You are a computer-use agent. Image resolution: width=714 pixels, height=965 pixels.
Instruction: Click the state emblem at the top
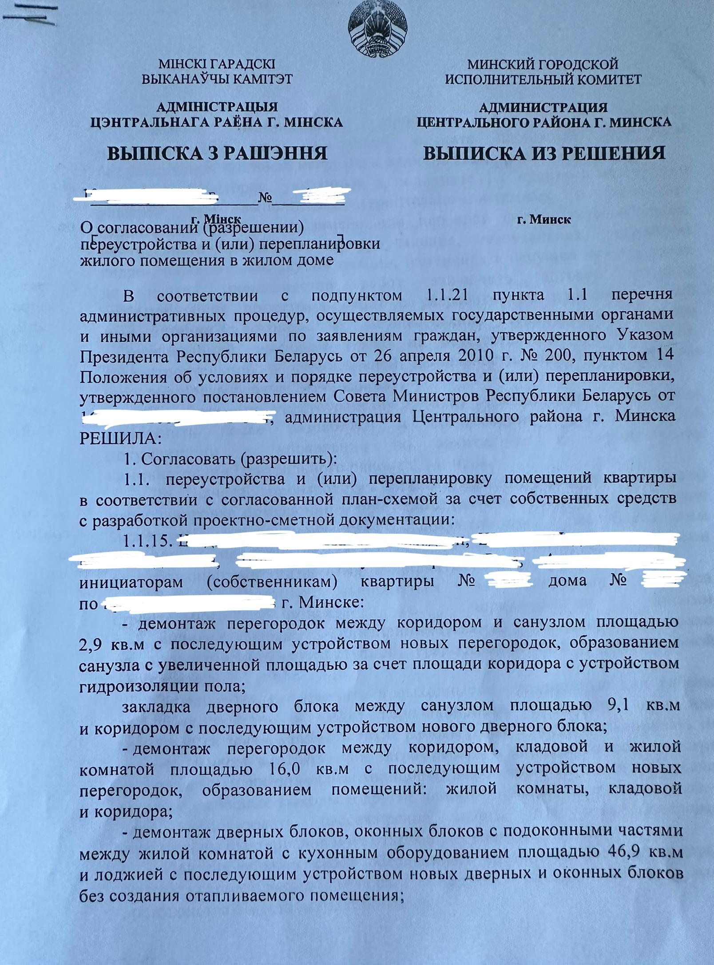[377, 29]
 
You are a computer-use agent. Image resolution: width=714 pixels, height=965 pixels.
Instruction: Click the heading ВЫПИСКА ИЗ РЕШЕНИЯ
[544, 154]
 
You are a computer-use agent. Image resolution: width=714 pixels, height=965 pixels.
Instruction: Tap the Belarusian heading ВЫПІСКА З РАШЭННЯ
[218, 154]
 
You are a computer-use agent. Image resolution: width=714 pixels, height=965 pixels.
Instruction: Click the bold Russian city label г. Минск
[544, 220]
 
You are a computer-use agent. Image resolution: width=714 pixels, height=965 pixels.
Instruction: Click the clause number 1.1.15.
[146, 541]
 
